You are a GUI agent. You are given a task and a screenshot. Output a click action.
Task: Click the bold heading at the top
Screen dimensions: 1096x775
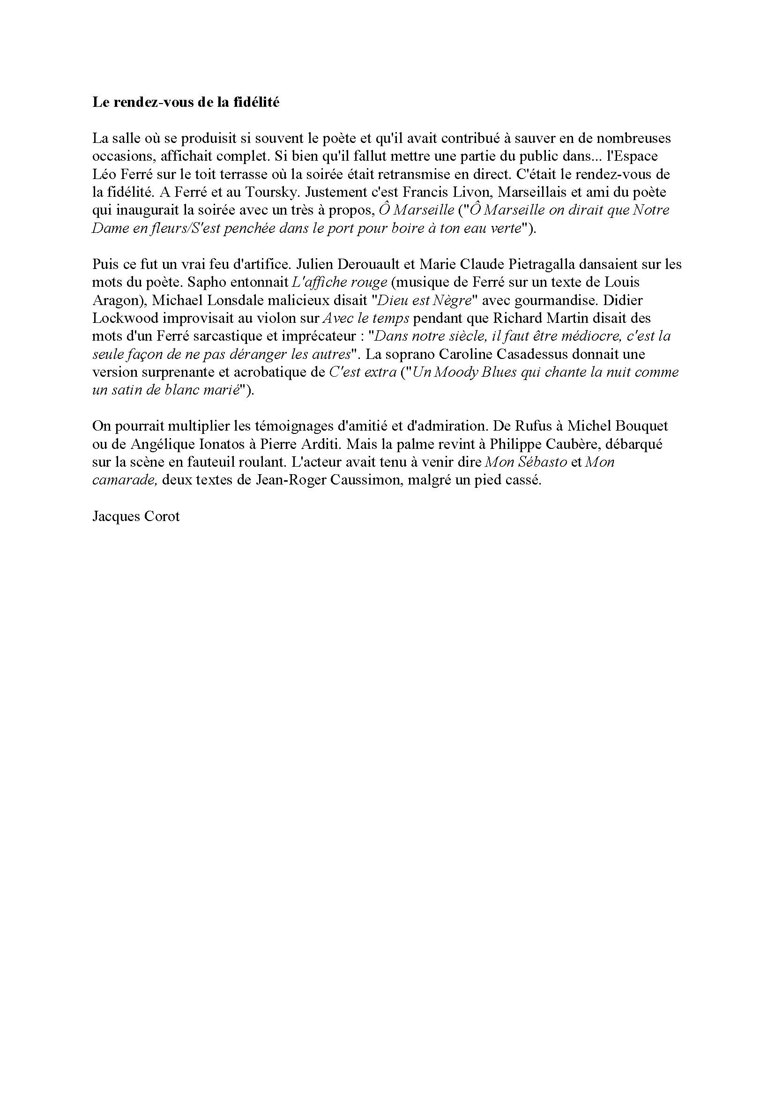tap(185, 102)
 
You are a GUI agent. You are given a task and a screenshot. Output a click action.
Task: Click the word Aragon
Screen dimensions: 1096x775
tap(114, 300)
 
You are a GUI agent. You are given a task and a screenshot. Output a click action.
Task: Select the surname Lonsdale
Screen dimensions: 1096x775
tap(248, 300)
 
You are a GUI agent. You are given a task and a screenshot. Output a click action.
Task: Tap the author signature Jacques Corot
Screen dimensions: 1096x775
tap(136, 516)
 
